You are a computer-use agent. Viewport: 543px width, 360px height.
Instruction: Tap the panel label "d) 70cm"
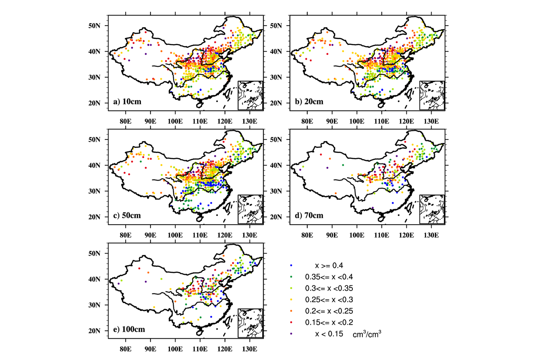[x=308, y=215]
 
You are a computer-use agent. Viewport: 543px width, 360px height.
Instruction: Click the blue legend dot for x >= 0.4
[x=291, y=265]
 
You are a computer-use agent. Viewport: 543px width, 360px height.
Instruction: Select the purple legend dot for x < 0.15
[x=291, y=334]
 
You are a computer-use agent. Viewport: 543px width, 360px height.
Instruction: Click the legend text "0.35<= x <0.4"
[x=329, y=277]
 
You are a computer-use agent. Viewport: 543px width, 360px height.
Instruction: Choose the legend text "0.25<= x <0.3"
[x=329, y=299]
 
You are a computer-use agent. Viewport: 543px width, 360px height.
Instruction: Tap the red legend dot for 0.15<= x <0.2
[x=291, y=322]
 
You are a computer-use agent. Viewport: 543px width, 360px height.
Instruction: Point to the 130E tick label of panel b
[x=431, y=121]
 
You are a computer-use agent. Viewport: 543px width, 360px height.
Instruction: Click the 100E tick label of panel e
[x=175, y=348]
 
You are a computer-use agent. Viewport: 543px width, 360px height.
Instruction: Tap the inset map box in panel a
[x=251, y=95]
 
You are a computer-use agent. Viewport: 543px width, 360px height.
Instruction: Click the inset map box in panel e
[x=251, y=323]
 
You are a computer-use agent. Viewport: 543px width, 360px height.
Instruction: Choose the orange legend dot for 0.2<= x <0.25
[x=291, y=311]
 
